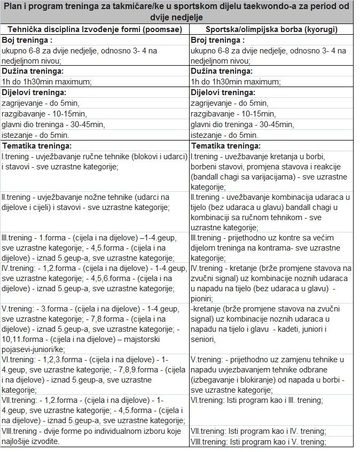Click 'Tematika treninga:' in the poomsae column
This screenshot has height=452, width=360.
tap(37, 145)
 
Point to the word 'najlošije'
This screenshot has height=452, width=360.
tap(18, 441)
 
